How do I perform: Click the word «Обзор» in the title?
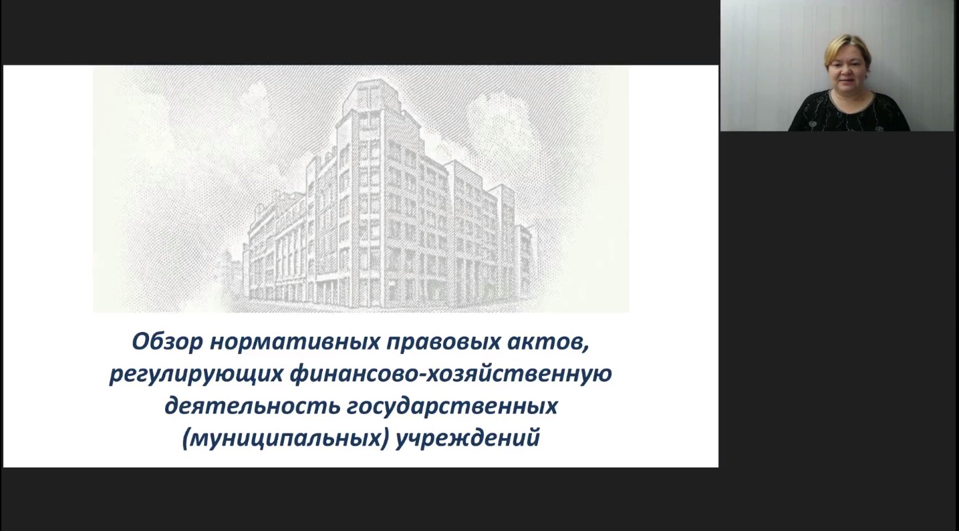(x=166, y=341)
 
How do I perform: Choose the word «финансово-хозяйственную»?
(x=451, y=374)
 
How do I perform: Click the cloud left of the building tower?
(x=253, y=103)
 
